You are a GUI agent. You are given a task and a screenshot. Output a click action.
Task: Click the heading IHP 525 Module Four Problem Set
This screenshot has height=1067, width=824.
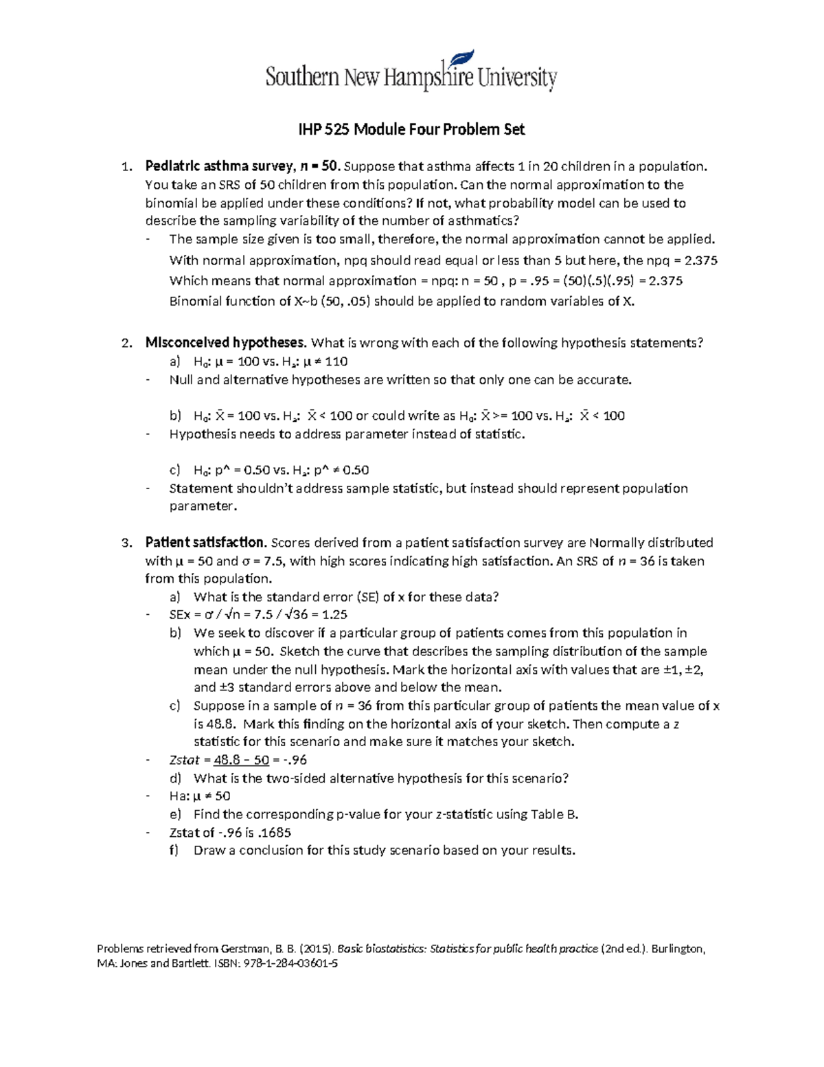coord(411,129)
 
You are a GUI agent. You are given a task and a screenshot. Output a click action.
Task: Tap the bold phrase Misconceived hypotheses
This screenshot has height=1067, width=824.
coord(225,343)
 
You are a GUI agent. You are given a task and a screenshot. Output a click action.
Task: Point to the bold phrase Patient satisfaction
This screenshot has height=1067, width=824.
coord(205,543)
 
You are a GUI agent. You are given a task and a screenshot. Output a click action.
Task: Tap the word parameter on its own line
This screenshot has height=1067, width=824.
coord(203,506)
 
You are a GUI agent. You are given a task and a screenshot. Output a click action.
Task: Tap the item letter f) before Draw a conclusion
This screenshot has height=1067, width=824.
coord(174,851)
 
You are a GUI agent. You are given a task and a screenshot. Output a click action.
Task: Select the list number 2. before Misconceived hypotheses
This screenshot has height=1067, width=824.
coord(126,343)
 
